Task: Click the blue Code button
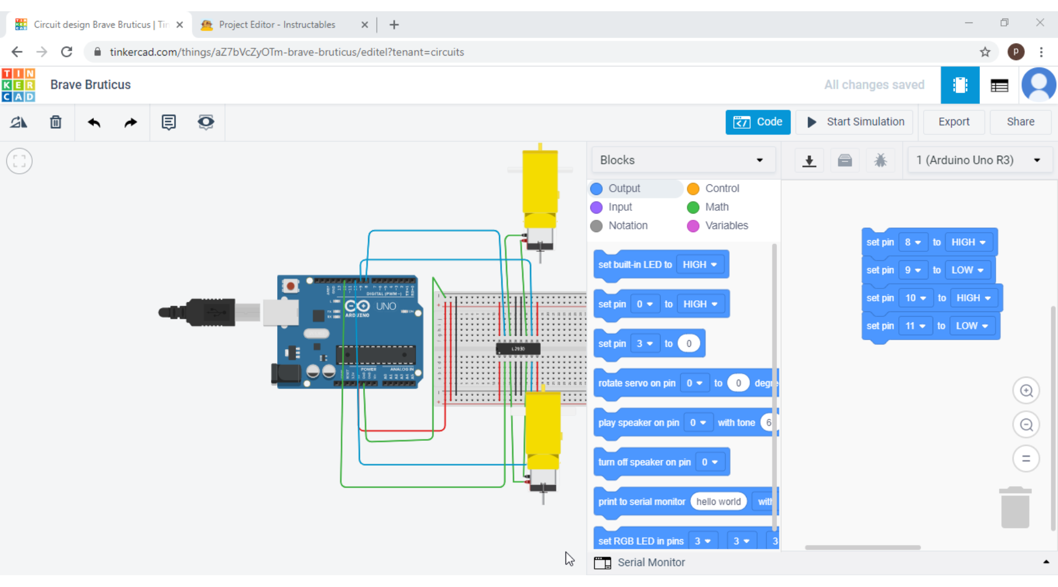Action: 758,122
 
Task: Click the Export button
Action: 953,122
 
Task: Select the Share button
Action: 1020,122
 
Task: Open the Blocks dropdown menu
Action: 682,160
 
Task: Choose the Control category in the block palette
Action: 721,188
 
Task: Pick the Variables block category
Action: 726,225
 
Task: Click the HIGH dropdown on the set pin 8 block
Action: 968,242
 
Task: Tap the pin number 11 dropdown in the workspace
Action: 915,326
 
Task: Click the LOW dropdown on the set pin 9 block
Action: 967,270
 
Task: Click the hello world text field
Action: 718,502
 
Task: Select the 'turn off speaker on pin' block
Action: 644,462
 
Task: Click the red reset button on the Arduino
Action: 290,286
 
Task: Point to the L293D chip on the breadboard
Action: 518,349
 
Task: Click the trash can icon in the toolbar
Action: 56,122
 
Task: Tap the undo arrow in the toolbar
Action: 94,122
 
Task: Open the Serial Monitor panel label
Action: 651,562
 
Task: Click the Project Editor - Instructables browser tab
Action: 277,25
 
